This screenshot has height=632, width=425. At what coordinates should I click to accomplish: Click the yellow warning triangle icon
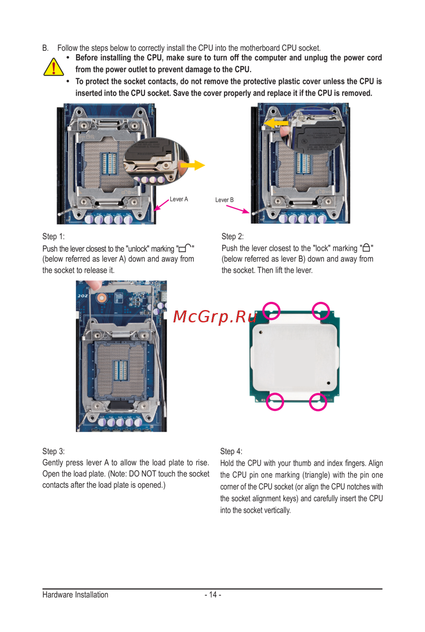point(54,67)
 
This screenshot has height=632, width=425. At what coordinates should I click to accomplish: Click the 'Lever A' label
point(178,199)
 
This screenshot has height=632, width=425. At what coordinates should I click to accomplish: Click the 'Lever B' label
point(224,200)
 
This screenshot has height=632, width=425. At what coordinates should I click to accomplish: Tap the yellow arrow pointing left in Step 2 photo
point(276,123)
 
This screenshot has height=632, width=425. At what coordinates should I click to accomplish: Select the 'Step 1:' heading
point(54,236)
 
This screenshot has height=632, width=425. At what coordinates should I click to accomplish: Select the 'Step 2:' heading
point(232,236)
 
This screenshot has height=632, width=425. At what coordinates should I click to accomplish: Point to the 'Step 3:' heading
point(54,451)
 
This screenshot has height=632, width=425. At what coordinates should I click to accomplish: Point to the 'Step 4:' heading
point(231,451)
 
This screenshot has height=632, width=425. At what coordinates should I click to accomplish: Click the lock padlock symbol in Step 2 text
point(366,248)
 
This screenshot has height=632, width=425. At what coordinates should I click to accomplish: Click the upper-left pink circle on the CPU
point(271,311)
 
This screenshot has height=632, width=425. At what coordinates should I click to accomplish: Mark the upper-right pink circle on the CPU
point(321,311)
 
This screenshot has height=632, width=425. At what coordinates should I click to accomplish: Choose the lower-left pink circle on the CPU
point(275,401)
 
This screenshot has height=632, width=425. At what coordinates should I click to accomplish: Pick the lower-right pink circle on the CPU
point(318,402)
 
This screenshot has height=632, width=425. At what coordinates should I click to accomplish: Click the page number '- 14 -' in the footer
point(212,595)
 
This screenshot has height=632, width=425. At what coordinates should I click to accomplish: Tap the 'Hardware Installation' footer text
point(75,595)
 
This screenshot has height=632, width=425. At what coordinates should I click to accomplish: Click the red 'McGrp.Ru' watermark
point(215,316)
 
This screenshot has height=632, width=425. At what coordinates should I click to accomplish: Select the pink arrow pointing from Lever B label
point(238,209)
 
